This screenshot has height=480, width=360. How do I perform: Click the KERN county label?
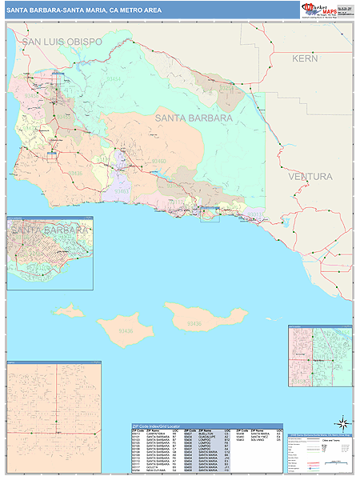click(305, 58)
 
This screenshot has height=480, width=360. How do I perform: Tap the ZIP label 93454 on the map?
click(114, 79)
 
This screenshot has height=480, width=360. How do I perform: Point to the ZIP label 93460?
click(158, 161)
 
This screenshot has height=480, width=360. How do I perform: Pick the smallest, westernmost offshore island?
click(70, 309)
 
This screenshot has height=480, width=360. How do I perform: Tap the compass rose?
click(342, 422)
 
